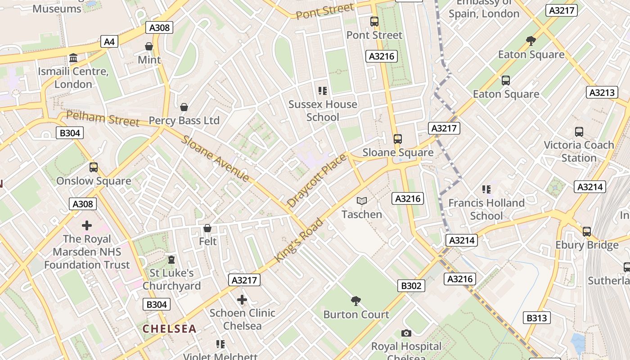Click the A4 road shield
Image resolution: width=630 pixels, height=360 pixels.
(109, 42)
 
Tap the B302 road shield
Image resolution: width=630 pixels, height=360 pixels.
(411, 285)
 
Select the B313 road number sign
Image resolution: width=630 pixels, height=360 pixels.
(537, 318)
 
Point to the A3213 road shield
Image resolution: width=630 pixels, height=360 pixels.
(602, 93)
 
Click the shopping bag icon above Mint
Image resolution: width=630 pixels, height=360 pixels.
(149, 46)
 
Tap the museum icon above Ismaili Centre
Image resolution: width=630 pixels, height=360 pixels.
(73, 58)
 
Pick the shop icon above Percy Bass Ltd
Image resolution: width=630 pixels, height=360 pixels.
(184, 107)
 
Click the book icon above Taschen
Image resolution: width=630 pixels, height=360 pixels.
(362, 201)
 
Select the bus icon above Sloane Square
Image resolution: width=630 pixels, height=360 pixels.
(397, 139)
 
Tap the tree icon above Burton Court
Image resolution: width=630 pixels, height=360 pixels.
(356, 301)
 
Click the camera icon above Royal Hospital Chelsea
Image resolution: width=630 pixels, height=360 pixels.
(406, 333)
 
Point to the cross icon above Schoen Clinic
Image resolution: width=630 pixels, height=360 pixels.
(242, 299)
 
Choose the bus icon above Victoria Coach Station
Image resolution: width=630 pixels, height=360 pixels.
(579, 132)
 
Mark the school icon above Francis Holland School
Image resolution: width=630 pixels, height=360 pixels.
(486, 189)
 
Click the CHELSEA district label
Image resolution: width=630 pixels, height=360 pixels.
(170, 328)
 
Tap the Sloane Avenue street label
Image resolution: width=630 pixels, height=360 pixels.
(215, 158)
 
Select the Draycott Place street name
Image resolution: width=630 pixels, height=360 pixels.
(317, 180)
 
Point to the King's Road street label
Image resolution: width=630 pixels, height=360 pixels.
(299, 240)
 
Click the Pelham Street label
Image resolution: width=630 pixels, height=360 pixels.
(103, 119)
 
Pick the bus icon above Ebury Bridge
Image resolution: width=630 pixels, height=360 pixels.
(587, 232)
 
